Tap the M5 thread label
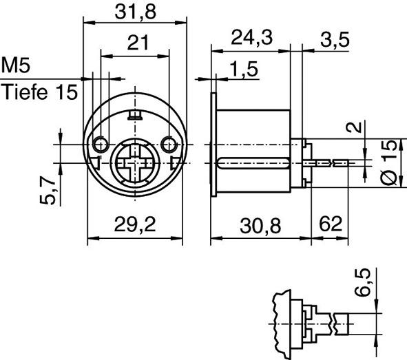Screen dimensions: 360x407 (17, 67)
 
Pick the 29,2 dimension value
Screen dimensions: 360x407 (135, 225)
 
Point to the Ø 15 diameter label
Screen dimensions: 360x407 (389, 162)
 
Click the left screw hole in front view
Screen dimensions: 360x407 (101, 143)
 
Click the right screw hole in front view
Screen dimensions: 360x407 (169, 143)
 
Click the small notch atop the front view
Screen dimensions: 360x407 (135, 114)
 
